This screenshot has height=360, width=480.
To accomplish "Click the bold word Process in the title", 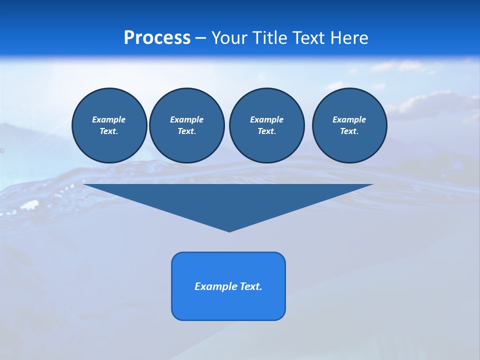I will coord(157,37).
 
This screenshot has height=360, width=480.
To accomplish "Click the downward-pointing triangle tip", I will coord(229,229).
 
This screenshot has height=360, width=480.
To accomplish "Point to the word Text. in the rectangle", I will coord(251,286).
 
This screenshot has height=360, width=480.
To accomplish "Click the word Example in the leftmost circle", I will coord(109,119).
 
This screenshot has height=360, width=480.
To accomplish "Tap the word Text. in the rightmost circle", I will coord(349,131).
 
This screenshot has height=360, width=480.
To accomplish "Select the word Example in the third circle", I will coord(266,119).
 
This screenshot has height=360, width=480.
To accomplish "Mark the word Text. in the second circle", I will coord(186,131).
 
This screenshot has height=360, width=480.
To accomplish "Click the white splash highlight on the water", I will coord(30,205).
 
